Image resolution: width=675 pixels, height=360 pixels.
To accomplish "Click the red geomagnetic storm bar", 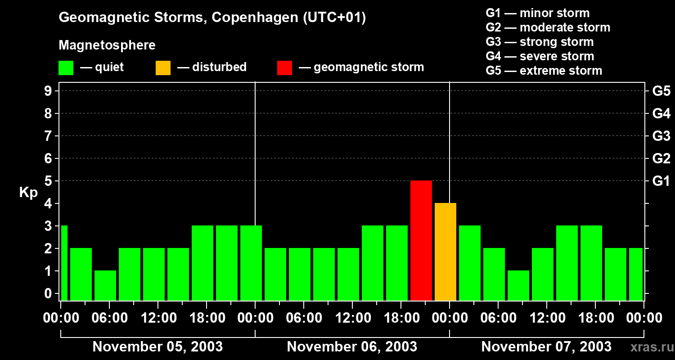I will pos(421,240).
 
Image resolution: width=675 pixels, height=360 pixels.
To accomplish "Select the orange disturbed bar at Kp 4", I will pos(445,252).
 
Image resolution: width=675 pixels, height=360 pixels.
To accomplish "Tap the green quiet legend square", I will pos(66,67).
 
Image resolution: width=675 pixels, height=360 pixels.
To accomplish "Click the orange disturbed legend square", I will pos(163,67).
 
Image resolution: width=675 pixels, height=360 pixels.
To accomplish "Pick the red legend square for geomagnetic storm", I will pos(284,67).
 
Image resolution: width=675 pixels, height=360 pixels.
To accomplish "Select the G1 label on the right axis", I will pos(661,181).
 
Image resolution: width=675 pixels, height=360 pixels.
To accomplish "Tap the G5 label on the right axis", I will pos(661,91).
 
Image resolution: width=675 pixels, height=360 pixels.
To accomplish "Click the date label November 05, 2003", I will pos(157,346).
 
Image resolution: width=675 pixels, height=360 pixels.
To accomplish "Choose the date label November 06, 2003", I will pos(352,346).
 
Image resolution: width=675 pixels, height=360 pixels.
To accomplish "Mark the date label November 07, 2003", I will pos(546,346).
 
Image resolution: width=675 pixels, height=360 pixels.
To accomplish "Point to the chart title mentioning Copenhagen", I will pos(212,18).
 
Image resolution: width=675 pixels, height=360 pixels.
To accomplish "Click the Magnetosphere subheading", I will pos(107,45).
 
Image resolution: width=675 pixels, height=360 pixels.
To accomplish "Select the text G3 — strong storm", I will pos(540,42).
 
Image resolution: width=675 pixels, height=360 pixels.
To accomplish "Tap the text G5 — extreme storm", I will pos(544,71).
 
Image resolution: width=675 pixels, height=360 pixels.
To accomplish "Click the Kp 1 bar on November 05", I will pos(105,285).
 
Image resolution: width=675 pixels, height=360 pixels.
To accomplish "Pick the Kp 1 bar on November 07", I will pos(518,285).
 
